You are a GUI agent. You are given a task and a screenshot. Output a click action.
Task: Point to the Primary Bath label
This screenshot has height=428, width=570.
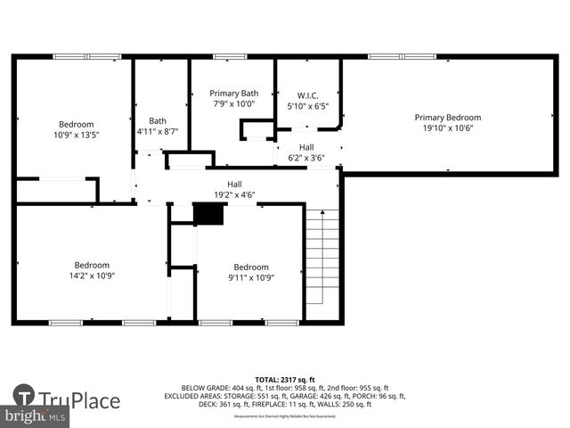[233, 93]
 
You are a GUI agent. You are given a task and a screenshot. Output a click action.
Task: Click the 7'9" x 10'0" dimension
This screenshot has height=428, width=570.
[233, 103]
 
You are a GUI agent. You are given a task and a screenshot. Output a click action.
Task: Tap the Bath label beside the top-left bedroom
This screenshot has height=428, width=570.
[158, 121]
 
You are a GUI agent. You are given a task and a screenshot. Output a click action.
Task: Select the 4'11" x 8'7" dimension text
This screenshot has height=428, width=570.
[158, 132]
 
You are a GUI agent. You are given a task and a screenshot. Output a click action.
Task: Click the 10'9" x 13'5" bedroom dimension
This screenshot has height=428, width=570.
[76, 136]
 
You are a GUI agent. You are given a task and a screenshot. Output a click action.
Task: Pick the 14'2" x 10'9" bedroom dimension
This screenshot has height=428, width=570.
[92, 276]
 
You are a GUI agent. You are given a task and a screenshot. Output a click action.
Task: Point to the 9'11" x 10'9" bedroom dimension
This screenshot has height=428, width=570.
[251, 277]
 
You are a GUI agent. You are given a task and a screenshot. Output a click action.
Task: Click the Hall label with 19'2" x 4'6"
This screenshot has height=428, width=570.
[234, 184]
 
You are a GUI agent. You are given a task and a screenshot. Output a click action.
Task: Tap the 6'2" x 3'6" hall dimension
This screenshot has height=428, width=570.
[306, 158]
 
